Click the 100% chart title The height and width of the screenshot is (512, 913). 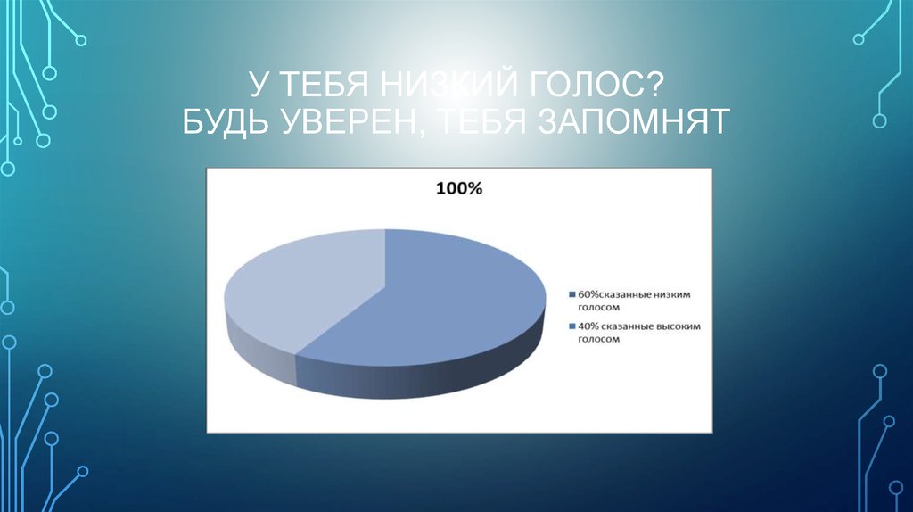(458, 190)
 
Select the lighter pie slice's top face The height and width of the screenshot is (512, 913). (303, 285)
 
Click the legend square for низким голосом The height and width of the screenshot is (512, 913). (572, 294)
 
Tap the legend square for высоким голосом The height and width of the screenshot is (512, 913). (572, 327)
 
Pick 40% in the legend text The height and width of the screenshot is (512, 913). (588, 327)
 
